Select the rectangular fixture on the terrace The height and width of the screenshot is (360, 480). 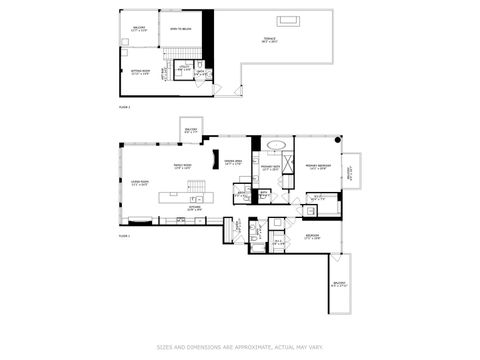click(290, 20)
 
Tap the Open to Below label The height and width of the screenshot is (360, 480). click(181, 31)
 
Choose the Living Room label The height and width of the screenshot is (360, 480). click(140, 183)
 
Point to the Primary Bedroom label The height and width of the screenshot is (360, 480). click(319, 168)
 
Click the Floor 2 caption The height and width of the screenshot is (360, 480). click(125, 103)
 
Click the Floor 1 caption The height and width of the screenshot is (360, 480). click(125, 237)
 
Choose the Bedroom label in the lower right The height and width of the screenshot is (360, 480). click(312, 237)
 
